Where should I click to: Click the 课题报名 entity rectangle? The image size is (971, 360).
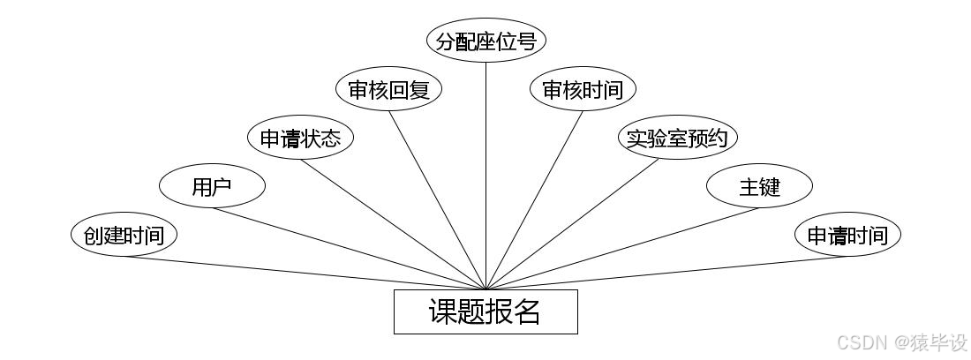pyautogui.click(x=485, y=311)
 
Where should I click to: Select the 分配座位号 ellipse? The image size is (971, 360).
pyautogui.click(x=486, y=41)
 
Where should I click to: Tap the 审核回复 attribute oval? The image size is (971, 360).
pyautogui.click(x=388, y=89)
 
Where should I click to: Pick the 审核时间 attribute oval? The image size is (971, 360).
pyautogui.click(x=583, y=89)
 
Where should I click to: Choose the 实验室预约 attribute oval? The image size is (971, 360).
pyautogui.click(x=676, y=139)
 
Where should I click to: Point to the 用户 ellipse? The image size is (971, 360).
pyautogui.click(x=212, y=186)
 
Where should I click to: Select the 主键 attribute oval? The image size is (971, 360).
pyautogui.click(x=759, y=186)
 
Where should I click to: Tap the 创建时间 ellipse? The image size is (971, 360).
pyautogui.click(x=124, y=236)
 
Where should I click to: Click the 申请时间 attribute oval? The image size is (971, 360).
pyautogui.click(x=847, y=236)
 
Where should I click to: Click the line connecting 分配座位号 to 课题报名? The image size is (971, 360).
pyautogui.click(x=486, y=176)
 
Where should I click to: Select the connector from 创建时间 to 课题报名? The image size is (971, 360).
pyautogui.click(x=305, y=273)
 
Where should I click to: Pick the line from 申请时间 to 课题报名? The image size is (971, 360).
pyautogui.click(x=666, y=273)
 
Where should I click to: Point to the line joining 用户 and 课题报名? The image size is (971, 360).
pyautogui.click(x=349, y=248)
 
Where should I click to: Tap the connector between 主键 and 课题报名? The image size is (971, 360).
pyautogui.click(x=622, y=248)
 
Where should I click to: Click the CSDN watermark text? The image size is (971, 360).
pyautogui.click(x=901, y=342)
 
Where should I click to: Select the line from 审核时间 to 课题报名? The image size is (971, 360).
pyautogui.click(x=534, y=199)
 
